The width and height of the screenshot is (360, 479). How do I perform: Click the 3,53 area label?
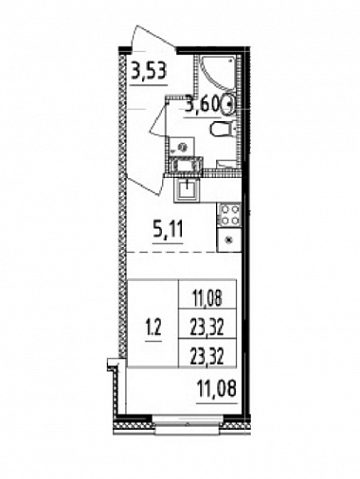pos(149,72)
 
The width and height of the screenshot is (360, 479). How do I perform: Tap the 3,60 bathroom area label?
pos(202,104)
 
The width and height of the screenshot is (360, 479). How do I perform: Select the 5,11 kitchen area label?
pos(168,230)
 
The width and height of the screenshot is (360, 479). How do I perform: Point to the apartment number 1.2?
pos(154,328)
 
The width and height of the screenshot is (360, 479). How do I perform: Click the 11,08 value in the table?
pos(207,298)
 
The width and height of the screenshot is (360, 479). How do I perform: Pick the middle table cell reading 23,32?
pos(207,328)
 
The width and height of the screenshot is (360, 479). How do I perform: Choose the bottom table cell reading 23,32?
pos(207,357)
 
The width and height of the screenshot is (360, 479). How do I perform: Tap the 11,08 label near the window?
pos(216,388)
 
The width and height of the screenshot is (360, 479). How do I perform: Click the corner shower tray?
pos(217,73)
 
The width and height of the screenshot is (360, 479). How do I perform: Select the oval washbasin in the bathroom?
pos(228,104)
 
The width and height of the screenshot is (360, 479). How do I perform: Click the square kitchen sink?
pos(187,189)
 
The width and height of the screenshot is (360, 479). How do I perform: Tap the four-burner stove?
pos(229,216)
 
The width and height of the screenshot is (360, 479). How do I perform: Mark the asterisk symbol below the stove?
pos(228,240)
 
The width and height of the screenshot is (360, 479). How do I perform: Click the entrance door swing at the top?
pos(153,38)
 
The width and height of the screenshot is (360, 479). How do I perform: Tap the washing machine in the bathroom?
pos(182,148)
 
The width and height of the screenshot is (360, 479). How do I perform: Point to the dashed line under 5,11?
pos(172,252)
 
